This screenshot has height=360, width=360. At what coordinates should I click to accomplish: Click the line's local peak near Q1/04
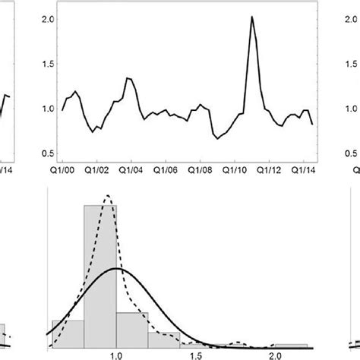point(128,77)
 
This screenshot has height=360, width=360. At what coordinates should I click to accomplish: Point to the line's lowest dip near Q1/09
point(217,139)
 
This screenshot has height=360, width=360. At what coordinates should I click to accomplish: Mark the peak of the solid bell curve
point(116,268)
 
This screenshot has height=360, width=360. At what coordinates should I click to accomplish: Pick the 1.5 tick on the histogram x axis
point(194,355)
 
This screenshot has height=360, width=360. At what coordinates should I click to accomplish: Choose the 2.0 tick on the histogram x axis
point(273,355)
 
